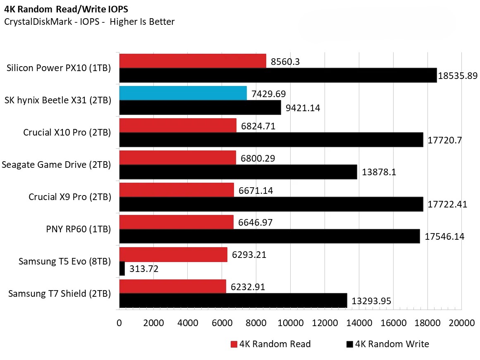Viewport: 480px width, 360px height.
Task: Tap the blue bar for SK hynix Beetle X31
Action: [183, 93]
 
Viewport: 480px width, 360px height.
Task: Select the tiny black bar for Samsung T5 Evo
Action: [122, 269]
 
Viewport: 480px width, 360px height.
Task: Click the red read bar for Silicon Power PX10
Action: [192, 61]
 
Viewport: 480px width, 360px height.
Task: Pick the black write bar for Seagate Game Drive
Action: [238, 172]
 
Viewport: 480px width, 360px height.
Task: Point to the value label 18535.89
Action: [458, 76]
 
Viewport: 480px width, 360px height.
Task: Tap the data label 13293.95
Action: [371, 301]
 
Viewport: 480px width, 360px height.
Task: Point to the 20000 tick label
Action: [461, 323]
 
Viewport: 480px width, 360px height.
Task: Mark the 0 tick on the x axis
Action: [119, 323]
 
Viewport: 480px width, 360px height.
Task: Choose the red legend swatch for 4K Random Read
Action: [234, 344]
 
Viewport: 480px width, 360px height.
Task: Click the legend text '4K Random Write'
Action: [392, 344]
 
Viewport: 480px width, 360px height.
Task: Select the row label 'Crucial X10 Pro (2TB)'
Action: [67, 133]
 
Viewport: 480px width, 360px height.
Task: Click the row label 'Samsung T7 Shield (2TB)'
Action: [60, 294]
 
